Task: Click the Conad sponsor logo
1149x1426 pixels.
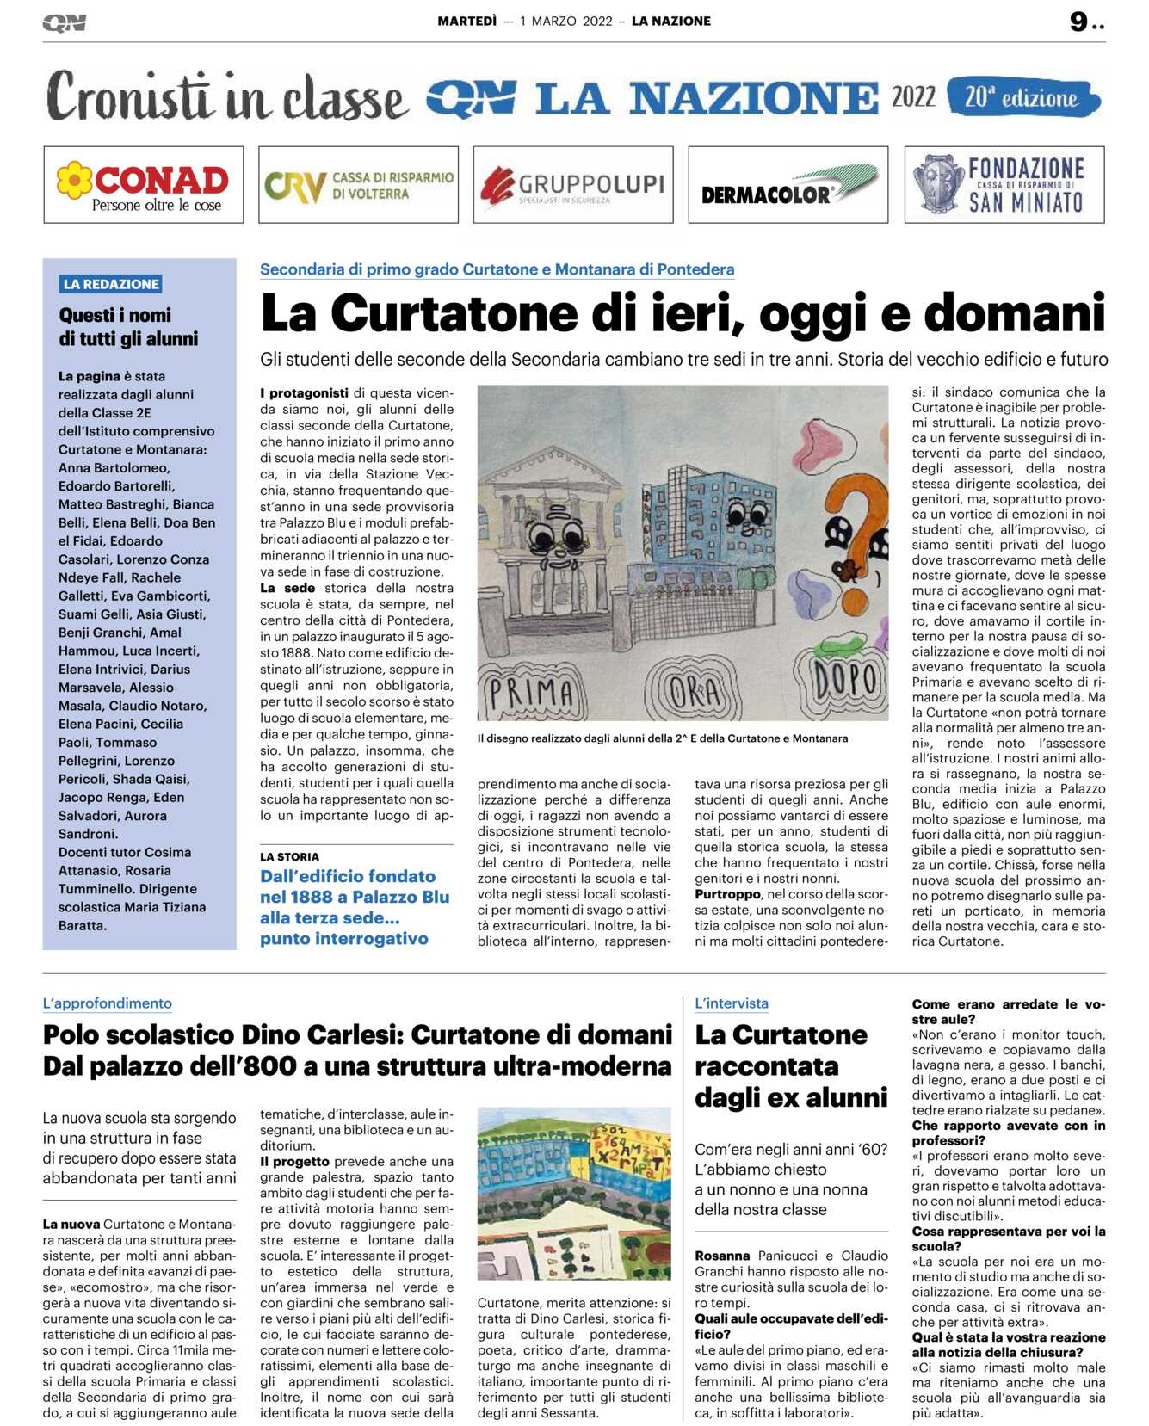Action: (x=143, y=184)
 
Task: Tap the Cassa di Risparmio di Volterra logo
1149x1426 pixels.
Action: (x=358, y=184)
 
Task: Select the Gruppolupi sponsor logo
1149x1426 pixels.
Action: (x=573, y=184)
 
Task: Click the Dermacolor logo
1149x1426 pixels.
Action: (x=788, y=184)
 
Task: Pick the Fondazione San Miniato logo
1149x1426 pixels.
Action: (x=1004, y=184)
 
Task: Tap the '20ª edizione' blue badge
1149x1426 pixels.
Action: (x=1022, y=97)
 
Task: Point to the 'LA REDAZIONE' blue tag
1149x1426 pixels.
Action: (x=111, y=284)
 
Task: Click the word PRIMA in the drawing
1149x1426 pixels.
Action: (x=531, y=691)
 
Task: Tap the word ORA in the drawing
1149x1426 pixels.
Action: (x=695, y=690)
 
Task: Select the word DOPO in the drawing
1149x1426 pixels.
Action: (x=846, y=681)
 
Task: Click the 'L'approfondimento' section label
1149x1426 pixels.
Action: (x=108, y=1003)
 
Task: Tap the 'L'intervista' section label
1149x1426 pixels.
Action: (x=732, y=1003)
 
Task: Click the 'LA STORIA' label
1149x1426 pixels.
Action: (x=289, y=856)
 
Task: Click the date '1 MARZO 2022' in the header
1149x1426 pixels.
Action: (x=566, y=22)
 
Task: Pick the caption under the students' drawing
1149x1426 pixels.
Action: (x=663, y=738)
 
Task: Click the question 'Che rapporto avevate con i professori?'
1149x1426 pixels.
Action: (x=1008, y=1133)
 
